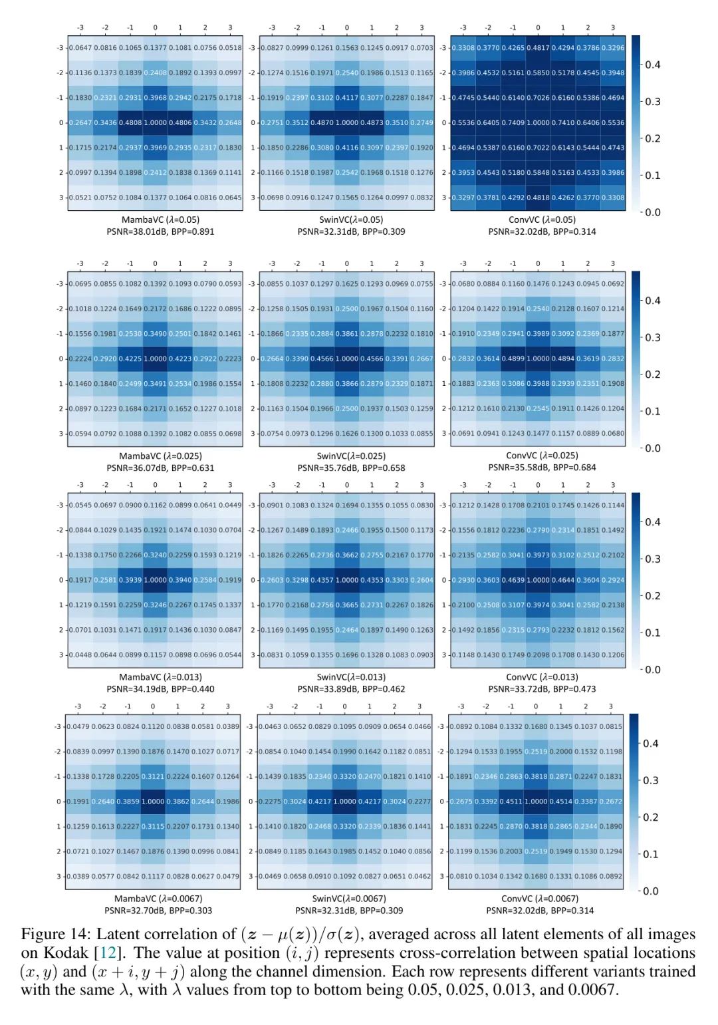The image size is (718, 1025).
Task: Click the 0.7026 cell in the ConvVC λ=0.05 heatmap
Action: click(538, 98)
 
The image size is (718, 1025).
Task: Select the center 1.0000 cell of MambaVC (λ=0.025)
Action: click(155, 359)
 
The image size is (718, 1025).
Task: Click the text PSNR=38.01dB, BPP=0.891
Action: click(160, 231)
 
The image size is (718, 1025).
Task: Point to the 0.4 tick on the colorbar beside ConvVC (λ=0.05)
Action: click(652, 65)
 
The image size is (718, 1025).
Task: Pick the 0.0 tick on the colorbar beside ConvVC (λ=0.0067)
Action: click(651, 891)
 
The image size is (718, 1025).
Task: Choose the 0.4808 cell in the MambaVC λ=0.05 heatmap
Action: click(130, 123)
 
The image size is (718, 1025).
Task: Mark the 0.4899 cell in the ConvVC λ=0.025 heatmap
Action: click(513, 359)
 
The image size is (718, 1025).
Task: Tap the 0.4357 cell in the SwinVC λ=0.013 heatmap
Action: click(322, 581)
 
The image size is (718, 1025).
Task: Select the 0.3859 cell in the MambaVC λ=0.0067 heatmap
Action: click(128, 802)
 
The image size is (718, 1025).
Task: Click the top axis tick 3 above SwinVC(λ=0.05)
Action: click(421, 28)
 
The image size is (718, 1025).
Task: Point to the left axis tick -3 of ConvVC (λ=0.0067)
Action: click(441, 726)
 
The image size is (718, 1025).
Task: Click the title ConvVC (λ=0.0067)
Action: click(540, 899)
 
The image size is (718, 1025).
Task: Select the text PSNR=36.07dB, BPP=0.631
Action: click(160, 468)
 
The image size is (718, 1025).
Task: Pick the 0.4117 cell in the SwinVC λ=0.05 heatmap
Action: click(346, 98)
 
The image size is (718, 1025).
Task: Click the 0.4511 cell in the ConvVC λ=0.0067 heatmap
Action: click(511, 802)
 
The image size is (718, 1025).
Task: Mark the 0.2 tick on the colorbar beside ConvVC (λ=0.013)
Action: click(652, 596)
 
